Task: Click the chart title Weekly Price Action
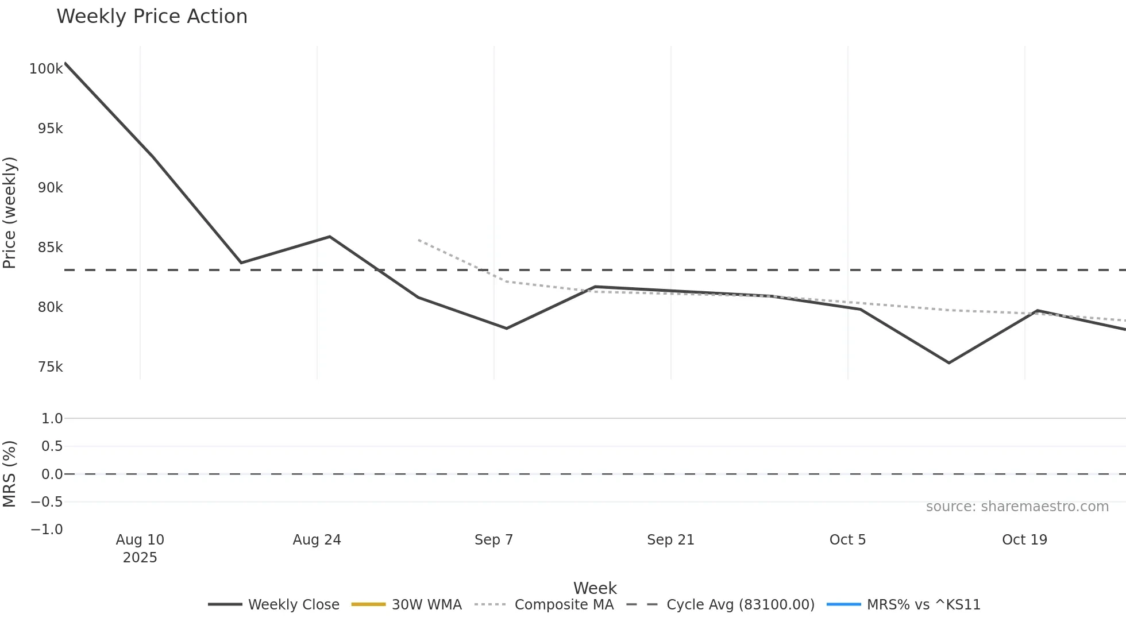(152, 17)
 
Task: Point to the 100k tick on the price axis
(46, 69)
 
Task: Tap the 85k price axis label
(50, 248)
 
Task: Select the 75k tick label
(50, 367)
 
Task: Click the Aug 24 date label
(317, 540)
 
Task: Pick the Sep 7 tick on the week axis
(493, 540)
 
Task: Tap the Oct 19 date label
(1024, 540)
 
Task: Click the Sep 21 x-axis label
(670, 540)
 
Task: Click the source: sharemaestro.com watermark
(1017, 507)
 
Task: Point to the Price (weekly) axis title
(10, 213)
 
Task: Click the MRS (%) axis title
(10, 474)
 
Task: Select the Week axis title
(595, 588)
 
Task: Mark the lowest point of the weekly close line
(948, 363)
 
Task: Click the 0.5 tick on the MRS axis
(52, 446)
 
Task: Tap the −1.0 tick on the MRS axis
(47, 530)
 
